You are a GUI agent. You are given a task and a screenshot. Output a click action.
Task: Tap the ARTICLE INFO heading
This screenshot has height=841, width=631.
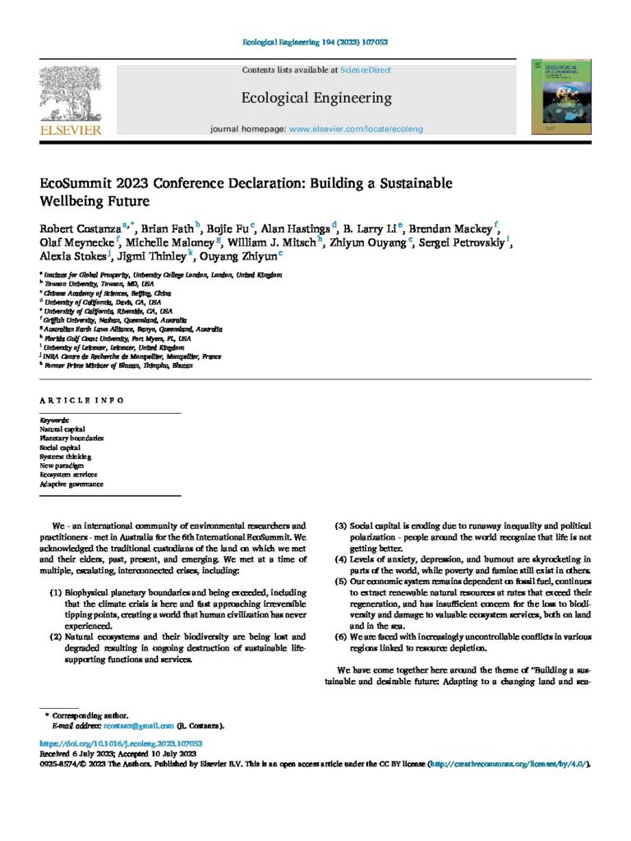[82, 400]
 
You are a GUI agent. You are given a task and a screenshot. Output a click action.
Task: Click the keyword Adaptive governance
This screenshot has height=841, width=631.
[71, 484]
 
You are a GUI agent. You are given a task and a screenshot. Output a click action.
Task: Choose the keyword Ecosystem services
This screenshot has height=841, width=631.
[68, 475]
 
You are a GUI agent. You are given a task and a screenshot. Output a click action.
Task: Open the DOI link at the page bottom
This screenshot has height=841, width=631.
[121, 743]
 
